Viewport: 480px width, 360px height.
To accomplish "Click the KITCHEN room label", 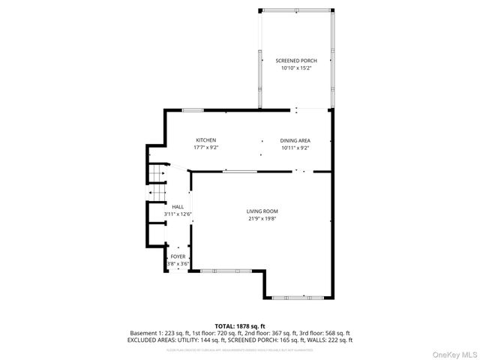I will coord(206,140).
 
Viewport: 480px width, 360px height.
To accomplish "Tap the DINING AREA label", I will coord(295,140).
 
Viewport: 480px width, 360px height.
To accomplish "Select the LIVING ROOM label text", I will coord(262,211).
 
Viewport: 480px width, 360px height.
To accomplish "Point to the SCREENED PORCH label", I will coord(295,61).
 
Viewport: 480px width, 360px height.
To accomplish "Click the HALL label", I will coord(178,207).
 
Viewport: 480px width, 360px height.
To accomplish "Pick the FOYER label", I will coord(178,256).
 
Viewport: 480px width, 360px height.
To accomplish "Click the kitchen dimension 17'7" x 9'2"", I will coord(206,148).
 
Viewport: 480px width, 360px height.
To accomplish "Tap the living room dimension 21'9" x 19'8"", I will coord(262,220).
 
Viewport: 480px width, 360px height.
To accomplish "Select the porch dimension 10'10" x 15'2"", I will coord(295,68).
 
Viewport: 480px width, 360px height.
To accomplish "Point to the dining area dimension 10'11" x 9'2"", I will coord(295,148).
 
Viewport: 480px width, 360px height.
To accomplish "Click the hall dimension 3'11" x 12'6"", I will coord(178,214).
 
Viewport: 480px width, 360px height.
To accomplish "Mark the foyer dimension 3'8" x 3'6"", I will coord(178,264).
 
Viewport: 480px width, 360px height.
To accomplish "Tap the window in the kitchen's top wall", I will coord(193,110).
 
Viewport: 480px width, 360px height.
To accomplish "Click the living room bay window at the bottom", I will coord(298,298).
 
